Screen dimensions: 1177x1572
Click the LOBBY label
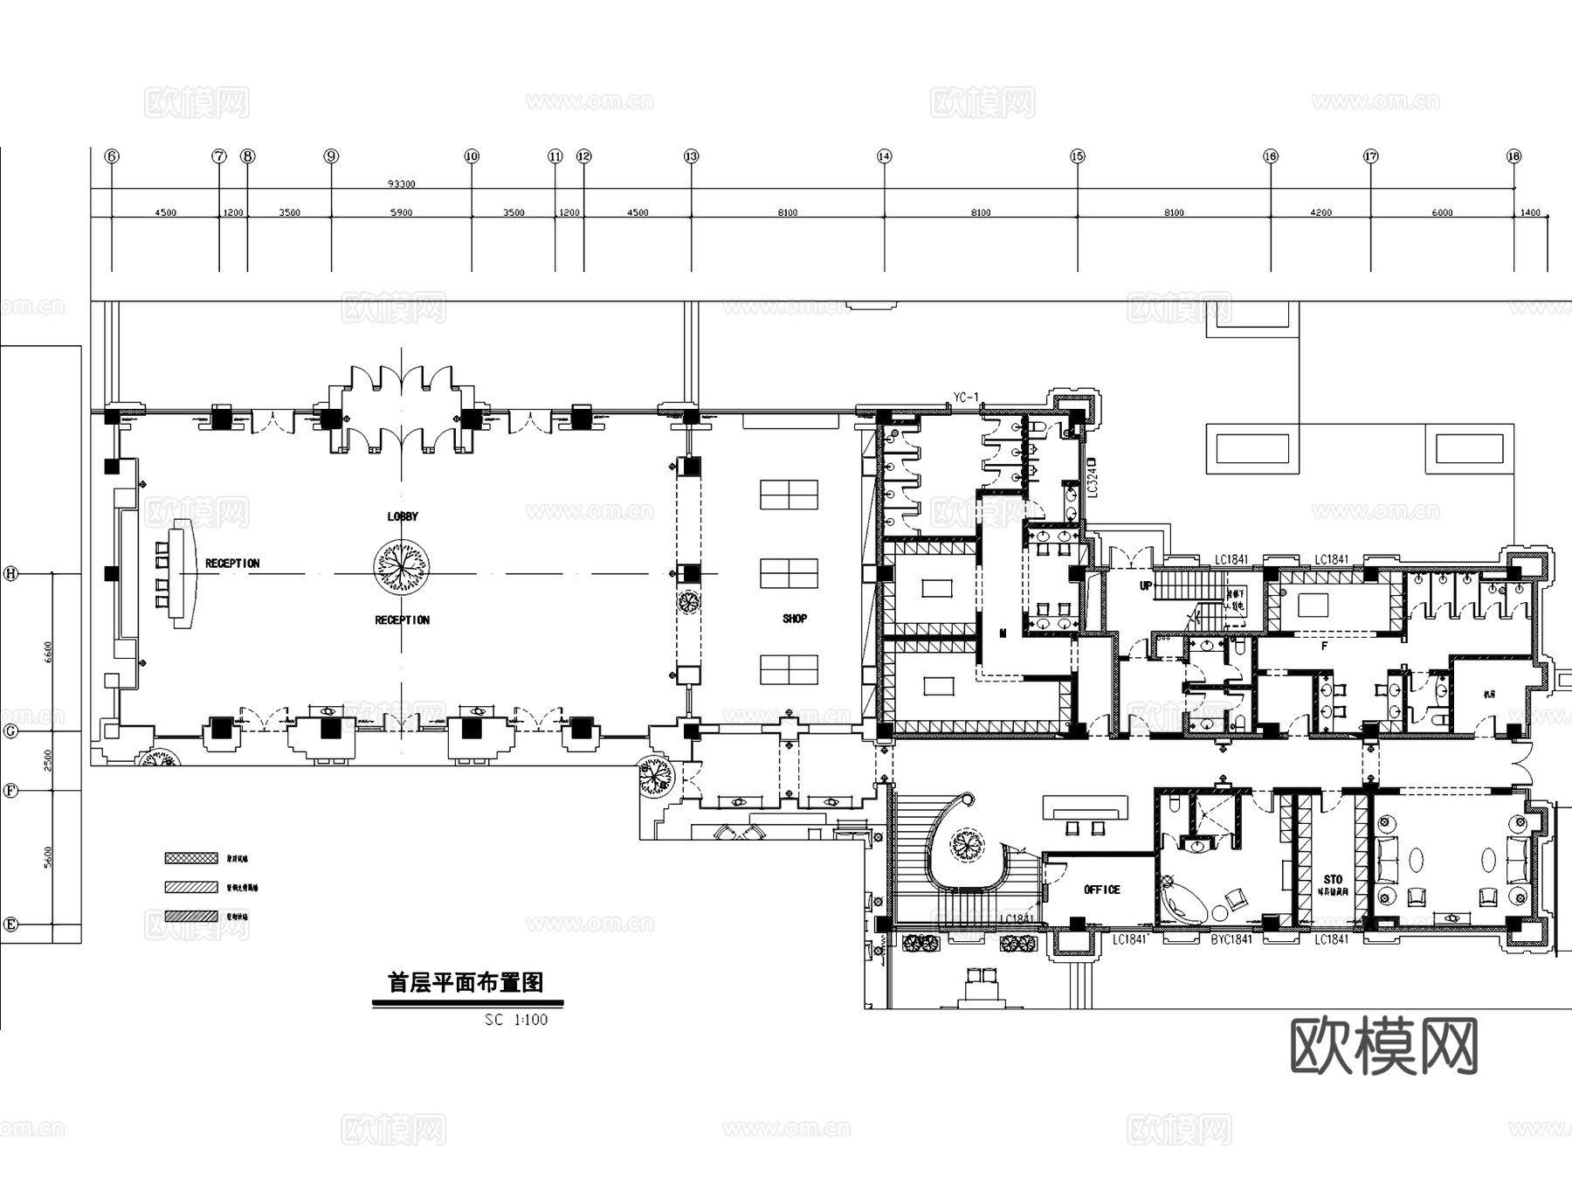403,516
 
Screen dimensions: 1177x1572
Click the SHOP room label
794,619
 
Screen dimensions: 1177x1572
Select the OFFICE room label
1101,890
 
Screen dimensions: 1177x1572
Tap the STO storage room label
1333,880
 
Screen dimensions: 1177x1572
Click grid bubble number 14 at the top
884,156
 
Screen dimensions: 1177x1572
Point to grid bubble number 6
112,156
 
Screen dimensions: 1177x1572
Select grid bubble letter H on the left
11,574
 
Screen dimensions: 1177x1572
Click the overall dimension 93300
401,184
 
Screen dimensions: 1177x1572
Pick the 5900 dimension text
401,212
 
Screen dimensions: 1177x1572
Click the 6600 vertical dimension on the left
48,652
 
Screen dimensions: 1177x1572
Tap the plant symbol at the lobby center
401,565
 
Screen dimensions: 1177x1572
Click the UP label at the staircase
1146,586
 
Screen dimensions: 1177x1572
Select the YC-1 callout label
965,398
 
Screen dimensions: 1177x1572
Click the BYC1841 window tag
1231,939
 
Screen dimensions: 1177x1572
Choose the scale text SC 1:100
516,1020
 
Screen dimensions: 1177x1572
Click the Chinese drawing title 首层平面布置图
465,983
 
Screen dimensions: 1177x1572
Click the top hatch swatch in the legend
191,858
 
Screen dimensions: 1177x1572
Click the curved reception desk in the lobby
183,572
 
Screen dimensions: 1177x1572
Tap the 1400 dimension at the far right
1530,212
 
